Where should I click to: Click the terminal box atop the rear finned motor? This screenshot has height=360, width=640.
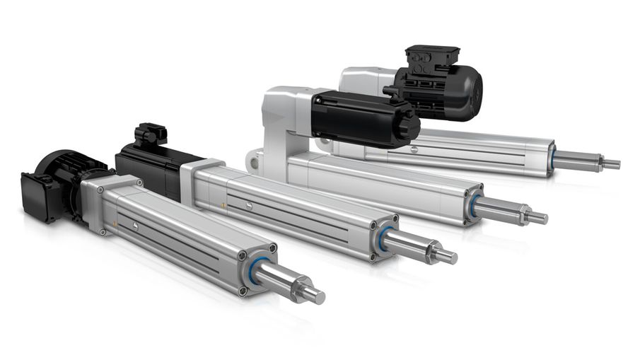(x=432, y=58)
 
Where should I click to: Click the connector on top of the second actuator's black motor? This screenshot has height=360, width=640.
(x=151, y=134)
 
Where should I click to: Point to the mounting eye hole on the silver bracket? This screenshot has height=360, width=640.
(x=252, y=162)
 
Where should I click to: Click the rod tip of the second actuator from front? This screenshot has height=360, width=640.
(x=448, y=257)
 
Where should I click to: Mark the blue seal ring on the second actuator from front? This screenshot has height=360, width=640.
(x=383, y=238)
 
